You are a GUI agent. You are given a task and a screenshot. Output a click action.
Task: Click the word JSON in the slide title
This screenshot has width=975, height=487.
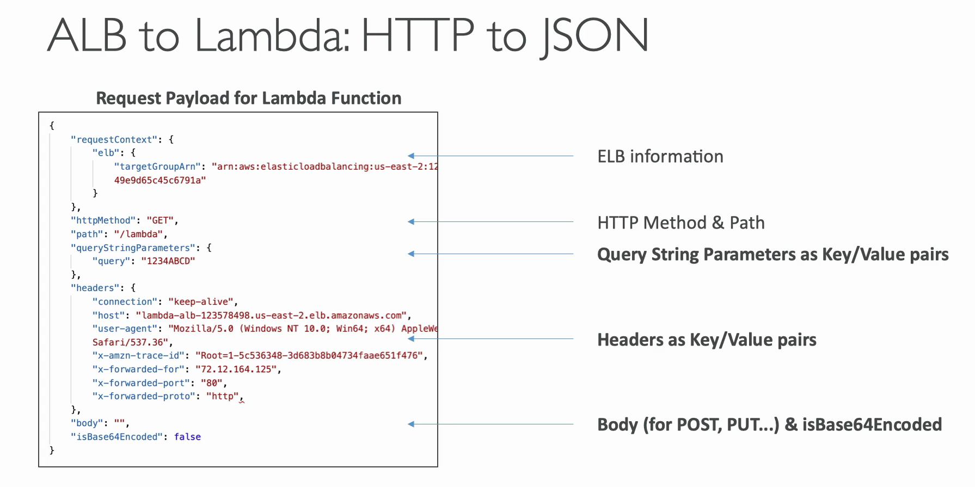click(595, 36)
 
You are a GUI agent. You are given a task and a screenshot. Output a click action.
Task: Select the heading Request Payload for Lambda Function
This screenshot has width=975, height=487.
click(249, 98)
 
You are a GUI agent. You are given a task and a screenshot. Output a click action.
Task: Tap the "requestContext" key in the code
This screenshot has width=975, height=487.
click(114, 140)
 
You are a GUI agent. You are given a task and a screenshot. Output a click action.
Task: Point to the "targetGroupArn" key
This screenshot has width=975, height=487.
click(157, 167)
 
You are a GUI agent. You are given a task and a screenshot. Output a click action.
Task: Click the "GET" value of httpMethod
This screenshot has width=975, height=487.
click(160, 220)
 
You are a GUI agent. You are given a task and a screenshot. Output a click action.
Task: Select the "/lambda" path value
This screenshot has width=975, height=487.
click(138, 234)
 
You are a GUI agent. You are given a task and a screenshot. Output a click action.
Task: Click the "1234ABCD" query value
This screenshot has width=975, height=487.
click(168, 261)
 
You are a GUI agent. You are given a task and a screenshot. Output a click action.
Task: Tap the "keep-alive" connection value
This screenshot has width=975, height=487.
click(201, 301)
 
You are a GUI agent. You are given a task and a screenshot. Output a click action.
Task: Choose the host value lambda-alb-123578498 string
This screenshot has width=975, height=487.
click(272, 316)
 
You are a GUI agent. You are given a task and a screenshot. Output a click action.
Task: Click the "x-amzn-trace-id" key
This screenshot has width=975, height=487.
click(139, 355)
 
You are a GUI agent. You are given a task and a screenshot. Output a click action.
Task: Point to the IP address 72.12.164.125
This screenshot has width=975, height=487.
click(236, 369)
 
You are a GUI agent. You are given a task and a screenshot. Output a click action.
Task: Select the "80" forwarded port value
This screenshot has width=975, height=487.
click(212, 383)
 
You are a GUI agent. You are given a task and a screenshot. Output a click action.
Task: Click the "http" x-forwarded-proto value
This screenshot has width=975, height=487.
click(223, 396)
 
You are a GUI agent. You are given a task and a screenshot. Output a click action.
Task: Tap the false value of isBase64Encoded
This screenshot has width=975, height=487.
click(187, 436)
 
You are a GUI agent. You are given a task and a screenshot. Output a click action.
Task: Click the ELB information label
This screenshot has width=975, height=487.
click(660, 157)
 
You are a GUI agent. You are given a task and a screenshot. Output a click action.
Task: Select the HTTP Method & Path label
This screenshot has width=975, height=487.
click(681, 223)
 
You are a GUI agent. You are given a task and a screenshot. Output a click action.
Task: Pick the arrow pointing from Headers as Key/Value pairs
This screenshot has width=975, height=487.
click(490, 339)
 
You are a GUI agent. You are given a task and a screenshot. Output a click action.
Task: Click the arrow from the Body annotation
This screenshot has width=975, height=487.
click(490, 424)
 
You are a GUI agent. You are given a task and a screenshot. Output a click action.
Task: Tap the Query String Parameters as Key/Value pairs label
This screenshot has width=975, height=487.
click(773, 255)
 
